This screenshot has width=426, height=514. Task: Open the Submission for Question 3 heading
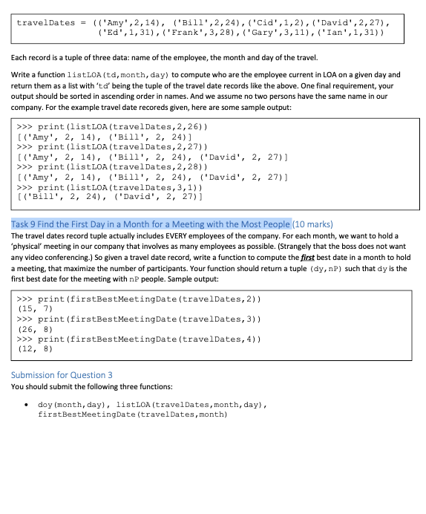point(63,374)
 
